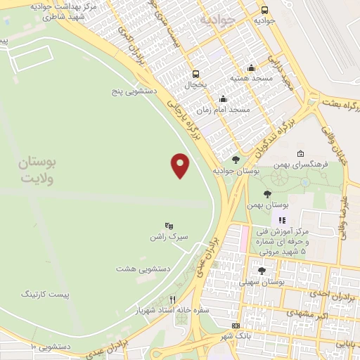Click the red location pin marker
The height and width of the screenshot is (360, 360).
[x=181, y=165]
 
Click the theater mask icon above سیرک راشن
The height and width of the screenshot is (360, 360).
[x=169, y=225]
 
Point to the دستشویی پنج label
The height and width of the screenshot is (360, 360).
[x=134, y=91]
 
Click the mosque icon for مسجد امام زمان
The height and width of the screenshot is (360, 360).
[x=223, y=98]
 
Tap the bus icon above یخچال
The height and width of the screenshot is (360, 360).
[x=195, y=73]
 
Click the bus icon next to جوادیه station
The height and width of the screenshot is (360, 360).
[x=264, y=10]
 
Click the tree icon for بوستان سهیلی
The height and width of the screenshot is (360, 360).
[x=262, y=270]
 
